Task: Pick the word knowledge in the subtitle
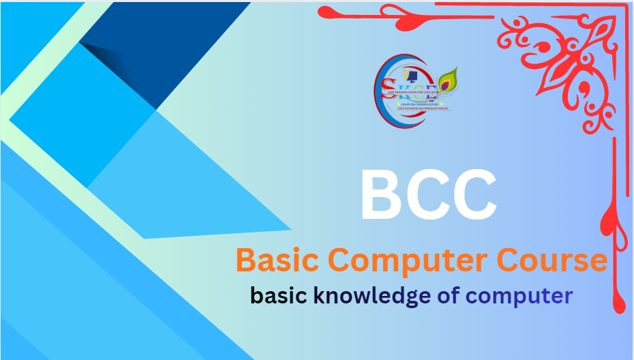pos(371,296)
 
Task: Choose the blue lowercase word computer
pos(519,296)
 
